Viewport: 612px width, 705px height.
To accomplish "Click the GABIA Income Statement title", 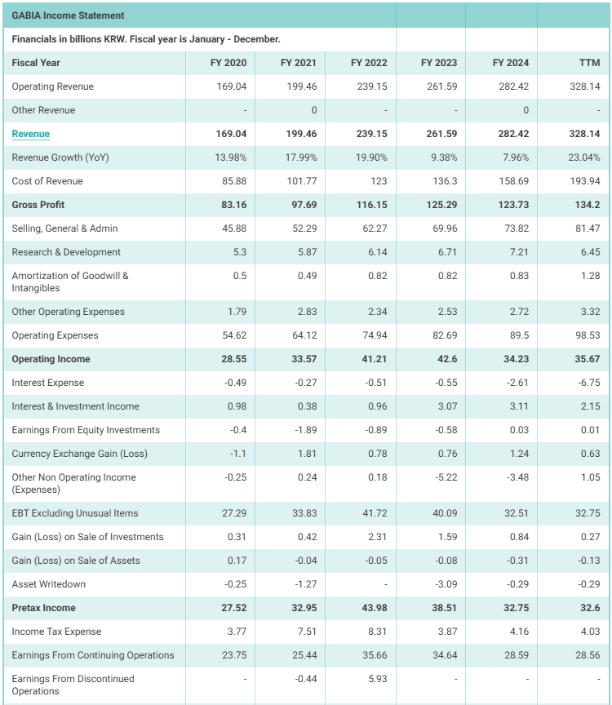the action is click(68, 16).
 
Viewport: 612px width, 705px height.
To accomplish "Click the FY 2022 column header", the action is click(369, 63).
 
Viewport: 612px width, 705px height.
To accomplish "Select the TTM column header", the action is click(589, 63).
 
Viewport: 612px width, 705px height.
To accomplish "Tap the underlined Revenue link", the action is click(30, 134).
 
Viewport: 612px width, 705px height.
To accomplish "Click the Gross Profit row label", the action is click(38, 205).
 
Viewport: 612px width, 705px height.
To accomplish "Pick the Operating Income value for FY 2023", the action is click(447, 359).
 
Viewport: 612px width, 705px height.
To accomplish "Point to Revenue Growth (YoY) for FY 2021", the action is click(301, 157).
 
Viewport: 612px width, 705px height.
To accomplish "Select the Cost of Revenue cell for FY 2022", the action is click(379, 181).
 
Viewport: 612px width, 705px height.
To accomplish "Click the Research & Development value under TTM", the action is click(591, 252).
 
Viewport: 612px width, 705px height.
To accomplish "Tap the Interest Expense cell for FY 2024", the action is click(517, 383).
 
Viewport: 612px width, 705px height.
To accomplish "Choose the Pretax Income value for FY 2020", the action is click(234, 608).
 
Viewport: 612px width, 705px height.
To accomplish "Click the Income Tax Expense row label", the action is click(56, 632).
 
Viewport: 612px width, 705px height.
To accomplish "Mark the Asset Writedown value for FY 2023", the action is click(446, 584).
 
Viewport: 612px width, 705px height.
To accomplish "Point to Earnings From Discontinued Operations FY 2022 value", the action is click(378, 679).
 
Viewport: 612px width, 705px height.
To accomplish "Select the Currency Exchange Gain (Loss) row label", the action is click(80, 454).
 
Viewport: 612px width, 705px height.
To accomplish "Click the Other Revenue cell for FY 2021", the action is click(314, 111).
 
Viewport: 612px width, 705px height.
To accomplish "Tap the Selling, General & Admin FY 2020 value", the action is click(234, 228).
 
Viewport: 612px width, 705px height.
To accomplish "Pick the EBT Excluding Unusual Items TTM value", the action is click(588, 513).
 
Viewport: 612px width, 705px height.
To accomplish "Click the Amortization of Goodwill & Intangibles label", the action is click(70, 282).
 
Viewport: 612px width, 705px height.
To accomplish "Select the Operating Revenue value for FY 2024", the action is click(513, 86).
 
